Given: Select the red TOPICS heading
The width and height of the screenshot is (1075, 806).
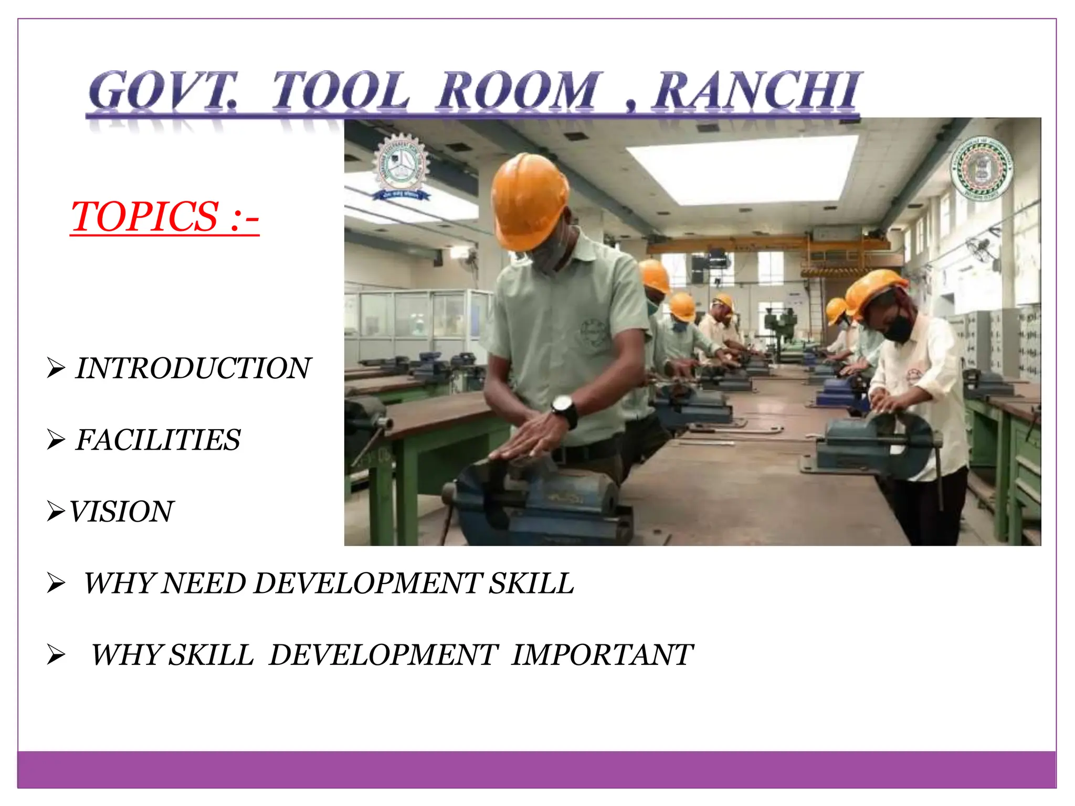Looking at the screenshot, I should coord(164,216).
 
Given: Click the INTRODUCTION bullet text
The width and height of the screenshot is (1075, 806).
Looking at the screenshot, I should coord(193,368).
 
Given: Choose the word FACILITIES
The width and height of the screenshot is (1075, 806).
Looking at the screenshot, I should coord(158,440).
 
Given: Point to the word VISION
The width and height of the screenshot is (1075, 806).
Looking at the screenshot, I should coord(121,512).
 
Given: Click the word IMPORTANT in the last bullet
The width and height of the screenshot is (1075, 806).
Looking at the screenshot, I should coord(602,655).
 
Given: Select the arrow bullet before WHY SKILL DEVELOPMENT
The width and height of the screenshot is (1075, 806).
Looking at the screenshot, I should coord(56,655).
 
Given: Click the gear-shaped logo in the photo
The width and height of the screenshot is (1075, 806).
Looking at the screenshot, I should coord(401,166).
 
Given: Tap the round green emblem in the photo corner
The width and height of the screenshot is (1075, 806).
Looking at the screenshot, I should coord(981,169).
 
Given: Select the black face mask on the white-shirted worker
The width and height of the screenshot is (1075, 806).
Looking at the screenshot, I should coord(899,328).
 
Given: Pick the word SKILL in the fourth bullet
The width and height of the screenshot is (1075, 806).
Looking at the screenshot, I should coord(531,584).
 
